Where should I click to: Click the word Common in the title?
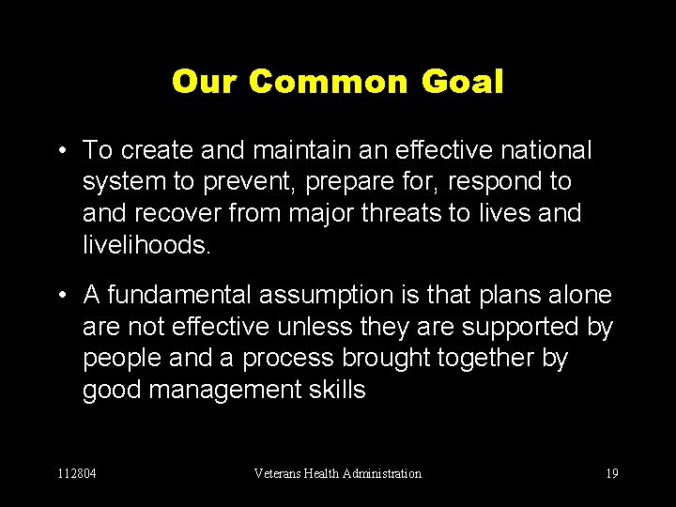[329, 82]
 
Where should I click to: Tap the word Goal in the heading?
[462, 82]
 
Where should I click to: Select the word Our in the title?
[207, 82]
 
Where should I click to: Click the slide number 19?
[612, 473]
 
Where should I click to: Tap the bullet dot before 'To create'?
[61, 150]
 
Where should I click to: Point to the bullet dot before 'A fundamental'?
[61, 297]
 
